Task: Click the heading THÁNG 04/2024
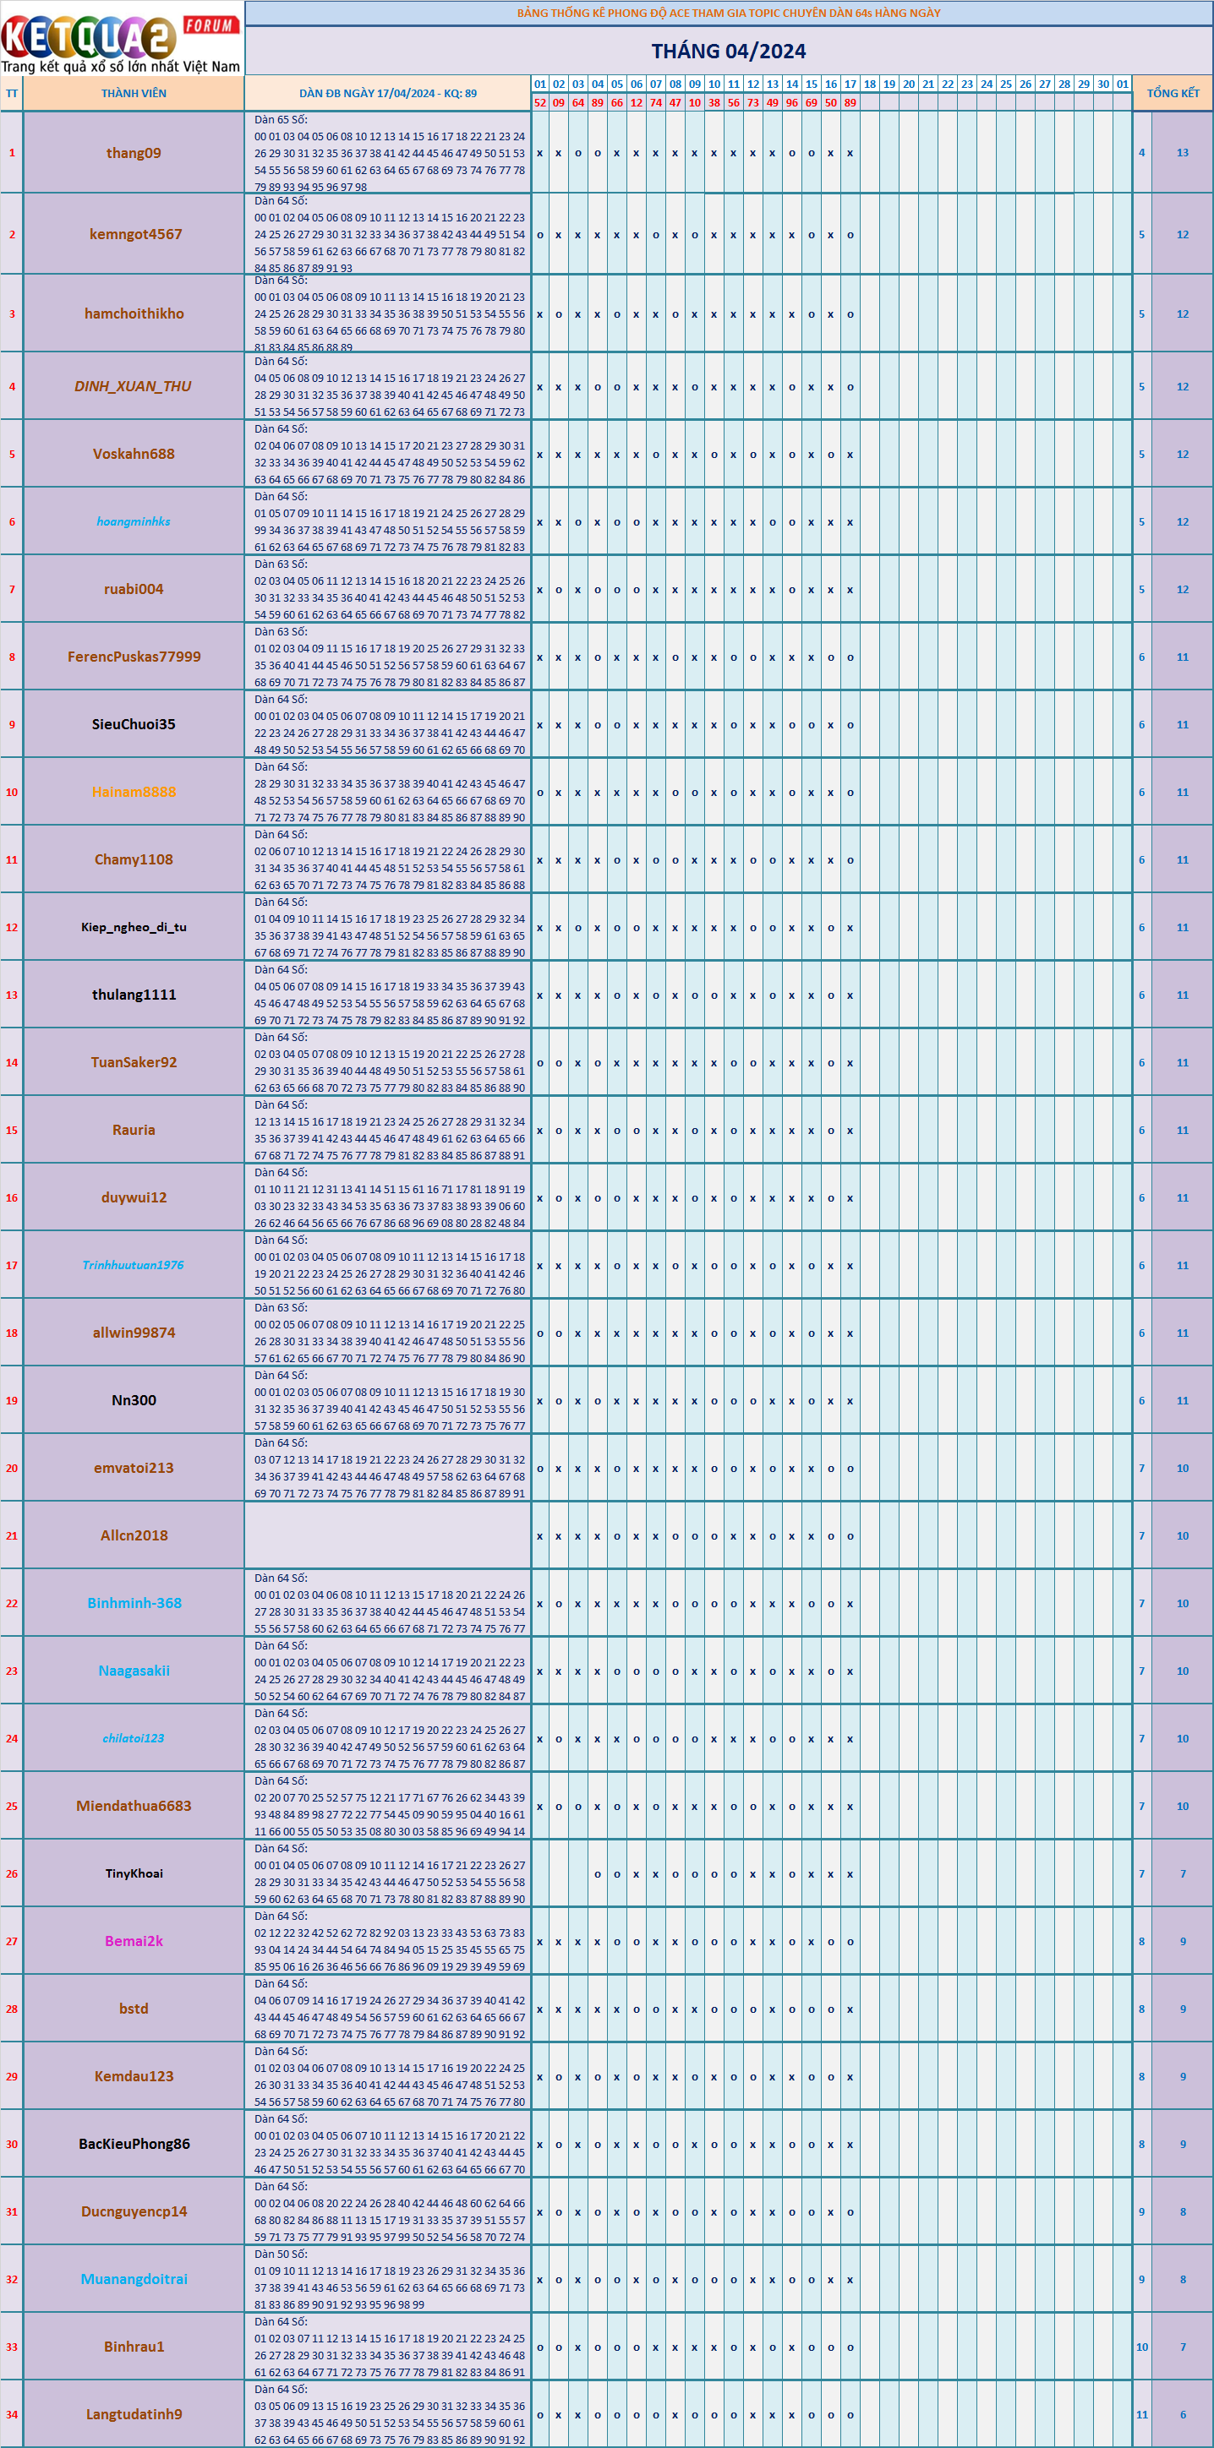tap(728, 52)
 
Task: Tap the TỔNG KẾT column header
tap(1173, 93)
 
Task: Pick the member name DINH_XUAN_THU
tap(133, 387)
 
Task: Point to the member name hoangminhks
tap(133, 521)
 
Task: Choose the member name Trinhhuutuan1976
tap(133, 1265)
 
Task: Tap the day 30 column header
tap(1102, 84)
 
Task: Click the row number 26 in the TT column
tap(11, 1873)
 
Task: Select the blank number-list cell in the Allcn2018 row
tap(387, 1535)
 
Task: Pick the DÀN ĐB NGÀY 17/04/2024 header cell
tap(387, 93)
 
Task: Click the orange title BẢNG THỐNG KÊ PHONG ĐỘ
tap(728, 14)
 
